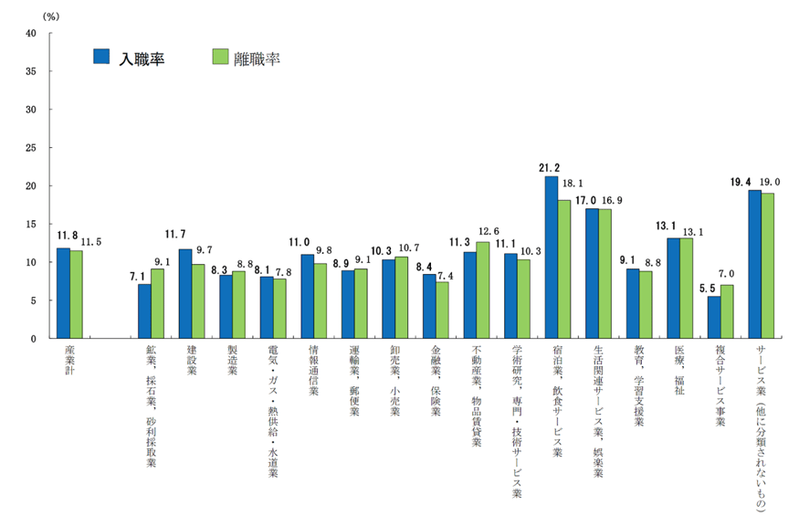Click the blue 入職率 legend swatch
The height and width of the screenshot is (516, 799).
click(x=101, y=57)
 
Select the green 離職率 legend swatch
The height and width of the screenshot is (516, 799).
click(x=218, y=57)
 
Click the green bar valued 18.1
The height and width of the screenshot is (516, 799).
click(x=564, y=269)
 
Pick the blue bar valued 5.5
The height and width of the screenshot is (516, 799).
click(x=714, y=317)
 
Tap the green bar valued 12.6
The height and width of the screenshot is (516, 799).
click(x=483, y=290)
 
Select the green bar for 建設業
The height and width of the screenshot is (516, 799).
click(x=198, y=301)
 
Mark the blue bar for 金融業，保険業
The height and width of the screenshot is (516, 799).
click(x=429, y=306)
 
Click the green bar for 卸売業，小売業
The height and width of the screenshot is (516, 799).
click(x=402, y=298)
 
